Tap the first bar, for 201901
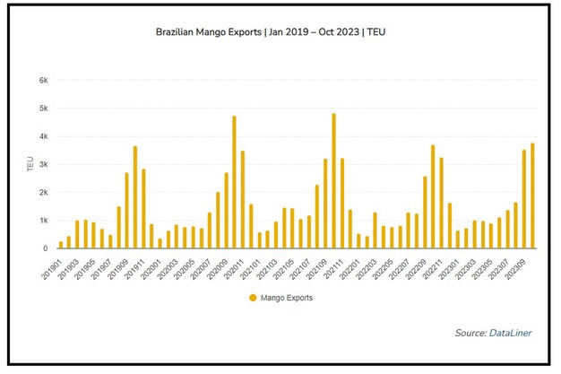61,245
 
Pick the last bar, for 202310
532,196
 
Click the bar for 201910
134,197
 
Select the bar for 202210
433,196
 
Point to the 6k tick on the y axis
42,80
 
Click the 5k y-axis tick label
42,109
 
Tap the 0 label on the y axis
45,248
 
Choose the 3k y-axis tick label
42,164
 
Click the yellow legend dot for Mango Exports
254,297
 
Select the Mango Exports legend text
286,297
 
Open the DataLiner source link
513,334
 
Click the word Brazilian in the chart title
179,29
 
